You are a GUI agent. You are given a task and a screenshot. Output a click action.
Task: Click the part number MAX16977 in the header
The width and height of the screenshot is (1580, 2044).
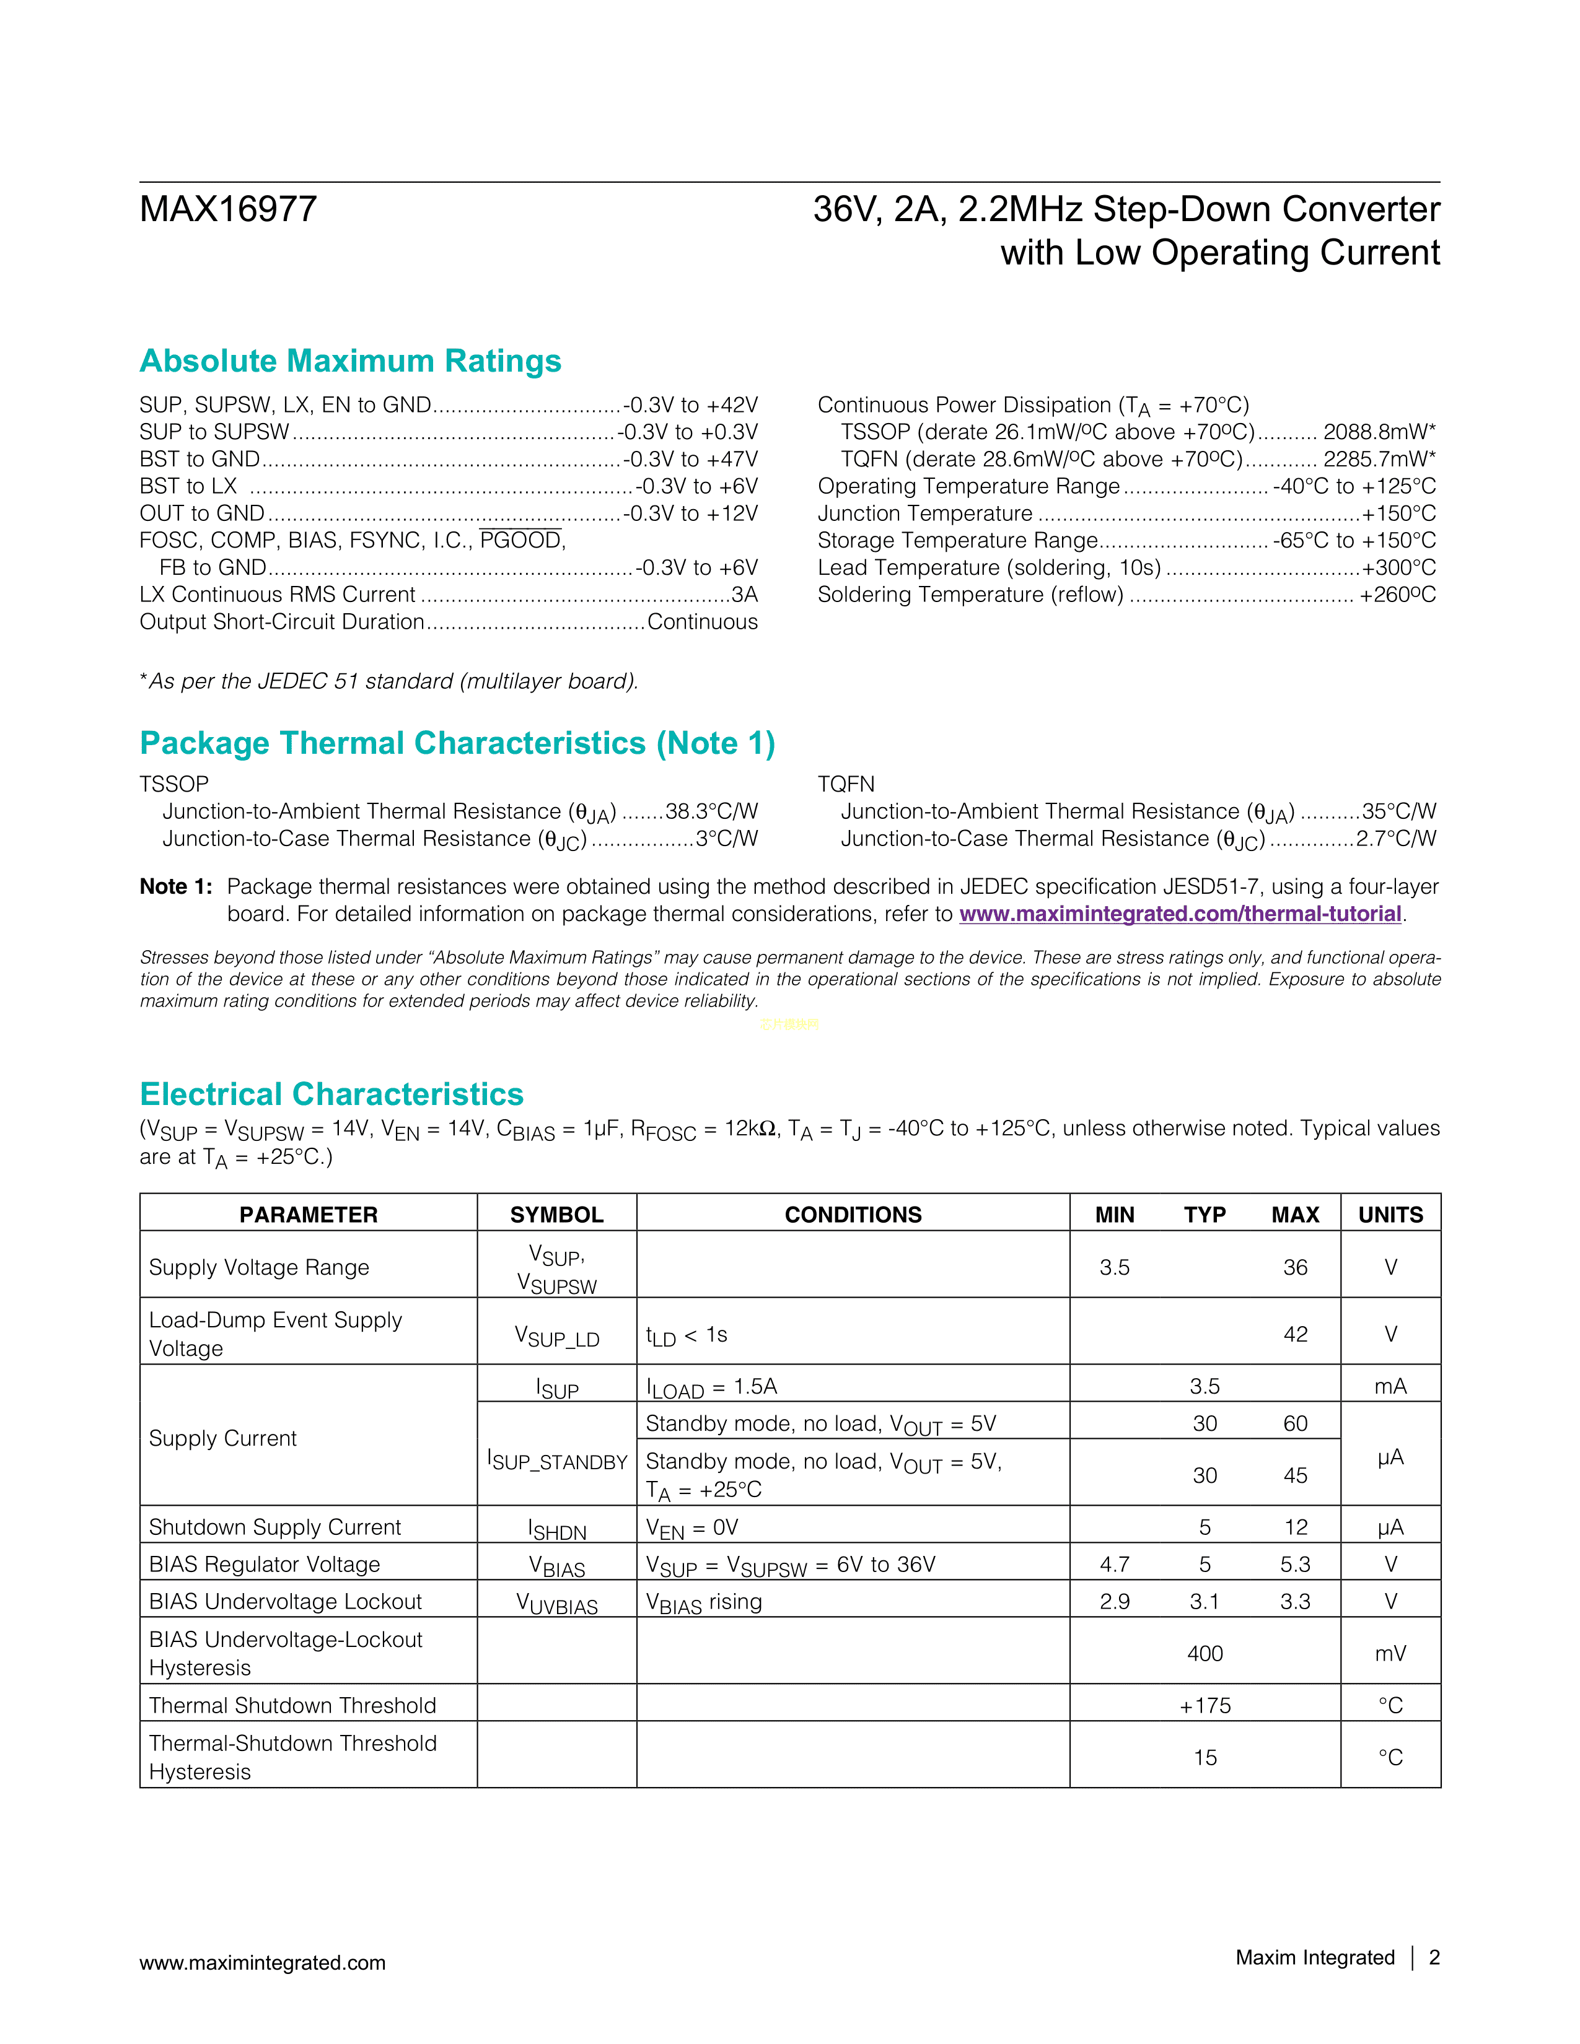(229, 209)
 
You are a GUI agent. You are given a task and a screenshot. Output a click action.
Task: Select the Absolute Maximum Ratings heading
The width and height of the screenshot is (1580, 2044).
(350, 361)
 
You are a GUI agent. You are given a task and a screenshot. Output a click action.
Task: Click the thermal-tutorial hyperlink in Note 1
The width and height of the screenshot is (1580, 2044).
(1179, 914)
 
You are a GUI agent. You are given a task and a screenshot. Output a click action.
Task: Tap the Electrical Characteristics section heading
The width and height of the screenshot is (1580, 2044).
(331, 1094)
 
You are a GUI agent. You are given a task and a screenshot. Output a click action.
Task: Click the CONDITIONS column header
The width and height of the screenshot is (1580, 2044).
(853, 1215)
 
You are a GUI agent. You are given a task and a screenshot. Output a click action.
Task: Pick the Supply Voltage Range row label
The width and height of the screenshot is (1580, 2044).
(259, 1267)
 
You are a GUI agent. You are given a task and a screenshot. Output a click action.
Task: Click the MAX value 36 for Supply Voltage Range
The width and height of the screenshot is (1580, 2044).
(1294, 1267)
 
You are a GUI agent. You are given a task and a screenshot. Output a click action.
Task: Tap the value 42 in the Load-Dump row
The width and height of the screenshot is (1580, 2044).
(1294, 1335)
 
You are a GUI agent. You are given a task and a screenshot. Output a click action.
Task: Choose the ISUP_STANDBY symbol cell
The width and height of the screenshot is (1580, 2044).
(557, 1461)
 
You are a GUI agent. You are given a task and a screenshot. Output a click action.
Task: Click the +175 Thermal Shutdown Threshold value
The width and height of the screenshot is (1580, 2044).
(1205, 1706)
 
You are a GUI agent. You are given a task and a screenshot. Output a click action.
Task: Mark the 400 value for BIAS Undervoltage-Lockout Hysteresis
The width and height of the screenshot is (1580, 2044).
(1205, 1654)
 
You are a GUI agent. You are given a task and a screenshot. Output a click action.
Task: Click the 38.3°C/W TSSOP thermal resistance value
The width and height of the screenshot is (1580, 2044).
(711, 811)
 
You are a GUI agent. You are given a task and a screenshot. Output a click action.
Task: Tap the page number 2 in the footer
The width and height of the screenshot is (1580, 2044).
(1434, 1958)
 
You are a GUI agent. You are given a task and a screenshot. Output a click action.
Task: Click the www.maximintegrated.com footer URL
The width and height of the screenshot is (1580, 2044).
(262, 1963)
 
